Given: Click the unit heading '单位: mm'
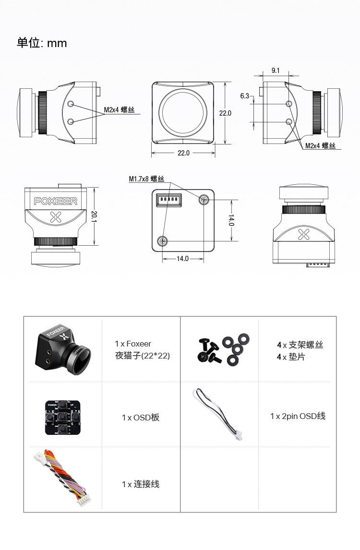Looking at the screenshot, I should [42, 43].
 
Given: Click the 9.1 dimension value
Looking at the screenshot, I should [276, 70].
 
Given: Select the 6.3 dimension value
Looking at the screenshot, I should [245, 96].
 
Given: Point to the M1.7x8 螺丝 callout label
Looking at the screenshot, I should [146, 179].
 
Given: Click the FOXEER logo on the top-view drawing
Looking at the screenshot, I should [55, 202].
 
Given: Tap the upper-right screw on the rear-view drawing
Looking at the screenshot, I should [205, 199].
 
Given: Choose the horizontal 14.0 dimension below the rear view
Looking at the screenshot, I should [183, 259].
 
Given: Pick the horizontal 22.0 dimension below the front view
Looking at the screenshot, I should [184, 153].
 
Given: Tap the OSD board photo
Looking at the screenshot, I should [62, 417].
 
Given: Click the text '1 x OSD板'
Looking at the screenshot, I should [141, 418].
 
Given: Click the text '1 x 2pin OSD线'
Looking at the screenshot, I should [298, 416].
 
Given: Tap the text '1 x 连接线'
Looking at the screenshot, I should [141, 484].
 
